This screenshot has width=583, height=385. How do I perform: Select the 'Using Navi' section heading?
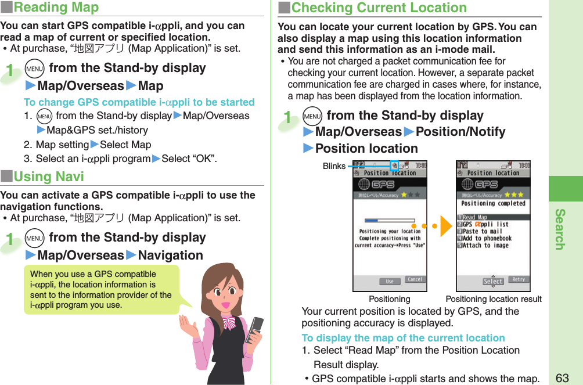point(49,177)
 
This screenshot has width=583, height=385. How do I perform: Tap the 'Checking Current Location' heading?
point(379,8)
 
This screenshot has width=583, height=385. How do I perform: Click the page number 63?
point(562,378)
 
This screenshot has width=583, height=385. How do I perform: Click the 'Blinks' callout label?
point(334,167)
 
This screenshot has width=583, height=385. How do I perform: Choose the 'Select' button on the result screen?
point(493,282)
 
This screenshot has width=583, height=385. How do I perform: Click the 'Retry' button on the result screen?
point(518,280)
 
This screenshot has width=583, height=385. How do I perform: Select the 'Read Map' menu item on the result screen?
point(476,217)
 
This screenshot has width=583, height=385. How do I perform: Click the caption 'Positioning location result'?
point(493,299)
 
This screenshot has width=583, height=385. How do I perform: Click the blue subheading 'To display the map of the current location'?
point(403,338)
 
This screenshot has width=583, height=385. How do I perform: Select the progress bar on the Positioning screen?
point(388,220)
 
